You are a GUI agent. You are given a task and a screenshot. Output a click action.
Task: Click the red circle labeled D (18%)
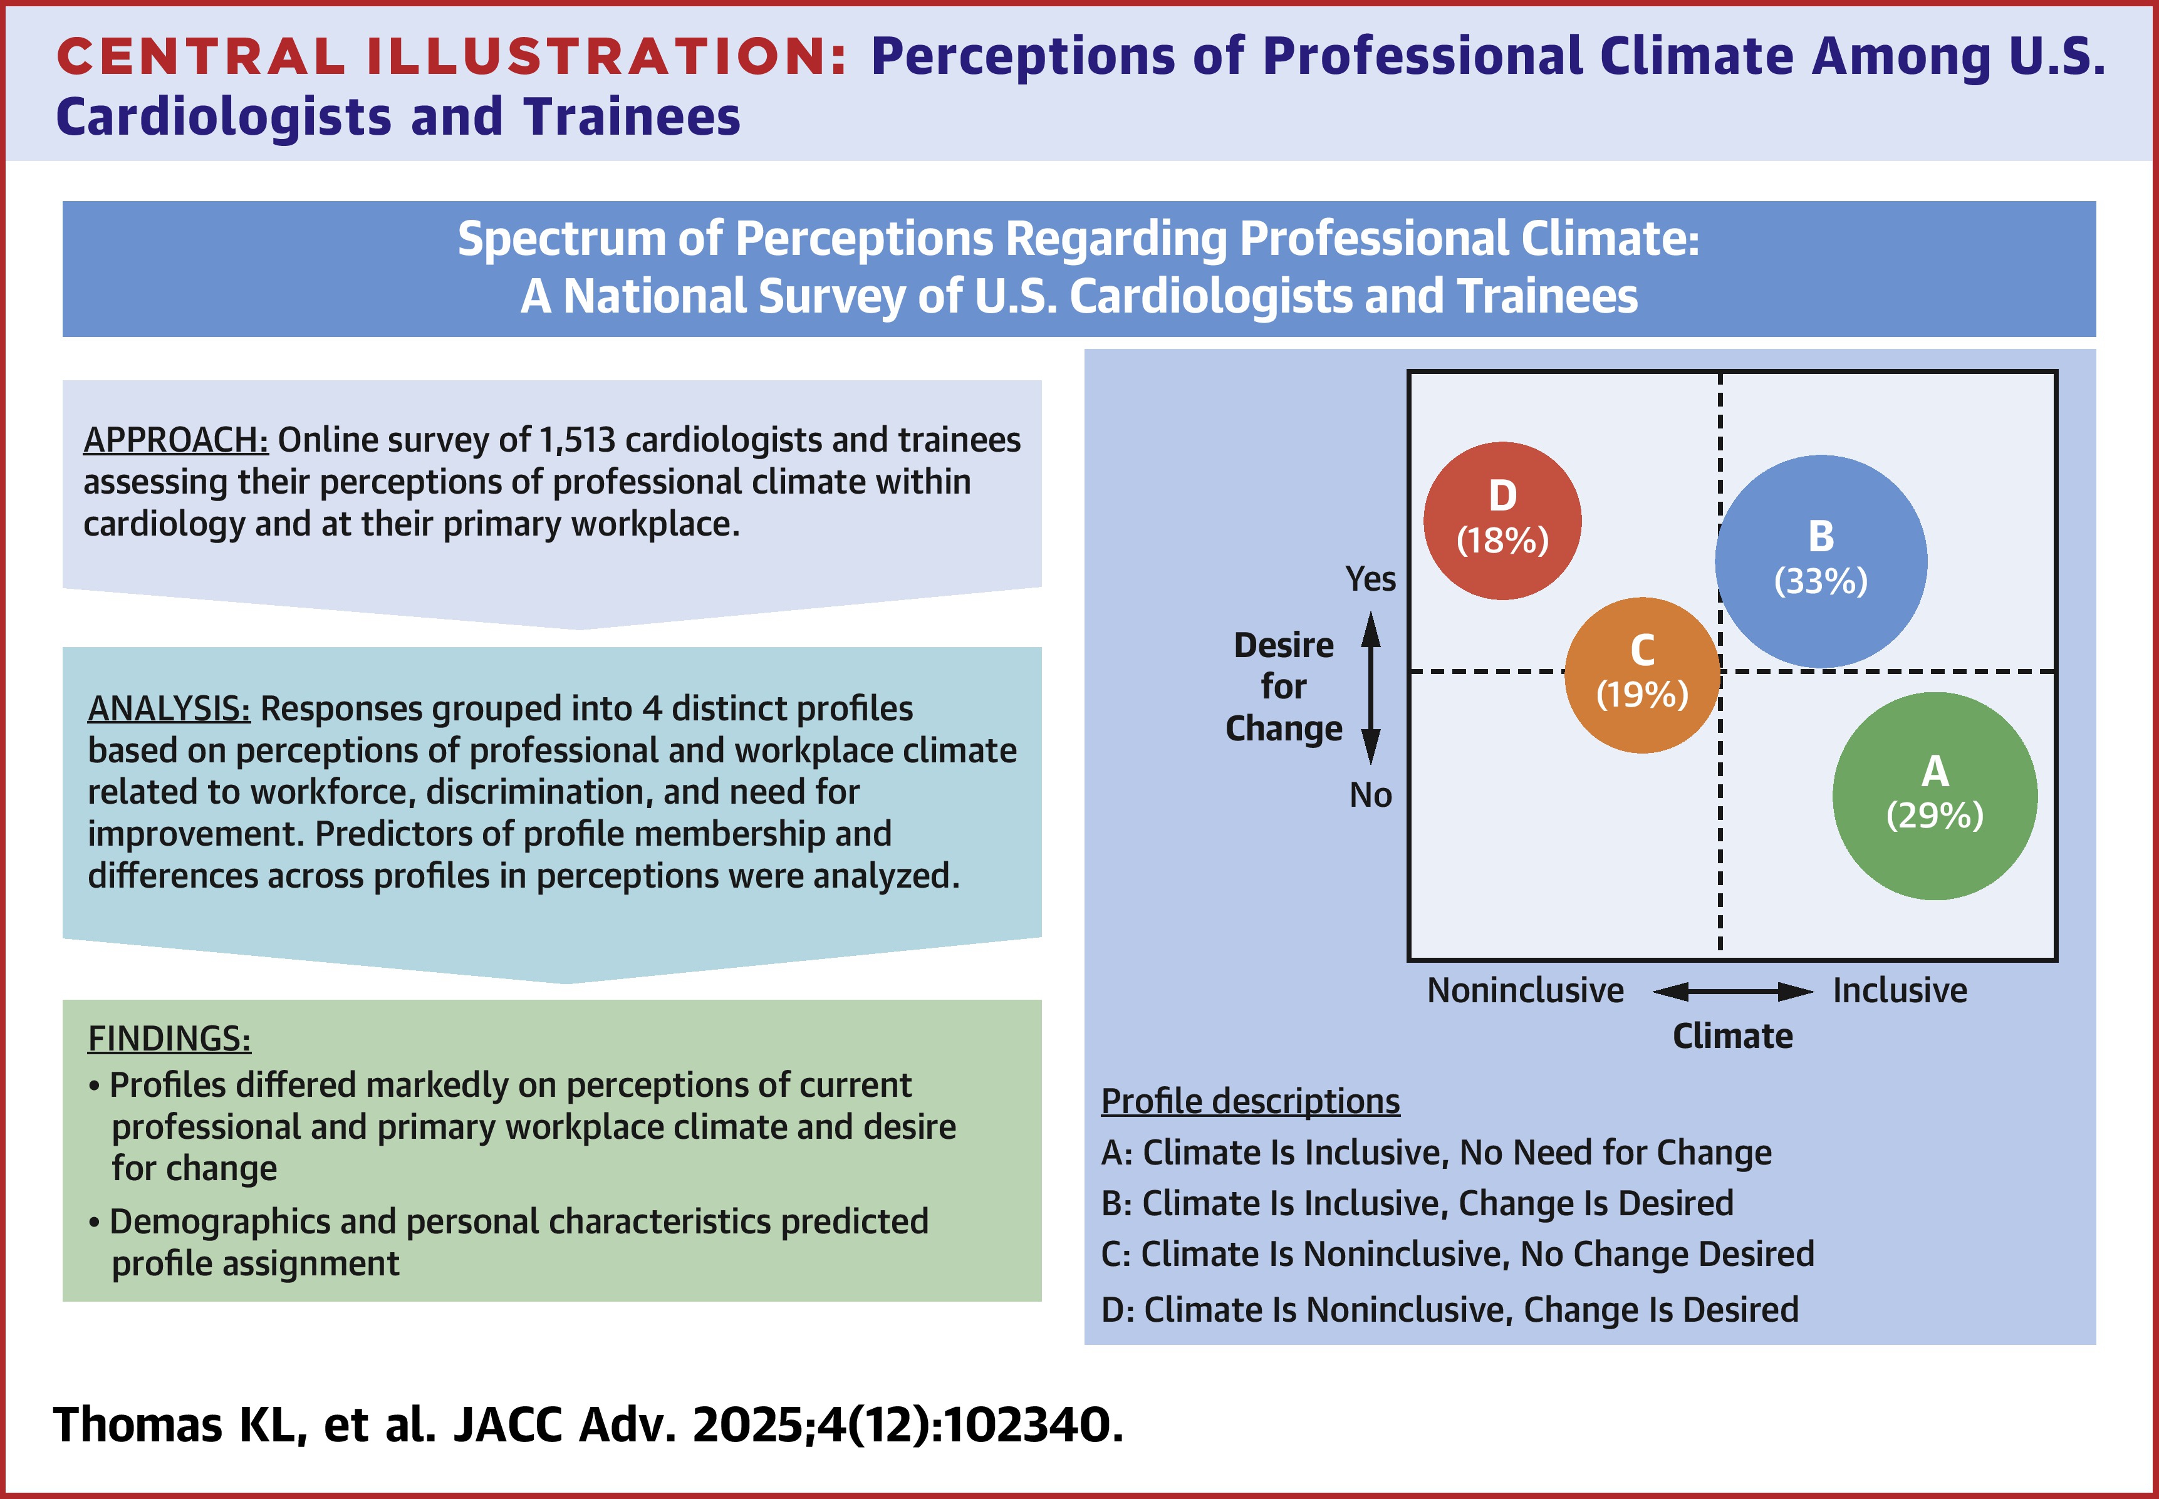click(1502, 521)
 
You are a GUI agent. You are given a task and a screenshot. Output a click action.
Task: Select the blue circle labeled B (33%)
click(1821, 562)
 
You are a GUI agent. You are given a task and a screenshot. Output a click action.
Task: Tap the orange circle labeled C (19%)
click(1643, 675)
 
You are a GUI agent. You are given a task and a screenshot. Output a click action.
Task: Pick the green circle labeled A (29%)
click(1935, 796)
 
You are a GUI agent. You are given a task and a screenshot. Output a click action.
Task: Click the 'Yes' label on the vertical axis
click(1370, 579)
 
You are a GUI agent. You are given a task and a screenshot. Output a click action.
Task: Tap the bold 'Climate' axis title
click(1732, 1036)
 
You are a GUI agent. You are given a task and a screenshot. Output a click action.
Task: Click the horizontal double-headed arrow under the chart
click(1732, 991)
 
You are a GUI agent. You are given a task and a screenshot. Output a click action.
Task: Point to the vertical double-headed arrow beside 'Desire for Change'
click(1371, 688)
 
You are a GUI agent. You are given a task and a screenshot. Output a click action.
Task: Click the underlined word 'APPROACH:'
click(175, 440)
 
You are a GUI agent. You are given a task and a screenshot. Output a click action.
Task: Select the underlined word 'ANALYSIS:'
click(169, 708)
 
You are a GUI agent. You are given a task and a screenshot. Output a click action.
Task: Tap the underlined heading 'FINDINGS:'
click(169, 1038)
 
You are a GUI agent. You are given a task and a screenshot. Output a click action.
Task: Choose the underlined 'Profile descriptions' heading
click(1250, 1101)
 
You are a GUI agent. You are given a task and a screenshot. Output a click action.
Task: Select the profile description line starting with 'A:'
click(1436, 1153)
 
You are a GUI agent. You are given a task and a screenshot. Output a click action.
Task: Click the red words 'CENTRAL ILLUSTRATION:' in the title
click(452, 56)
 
